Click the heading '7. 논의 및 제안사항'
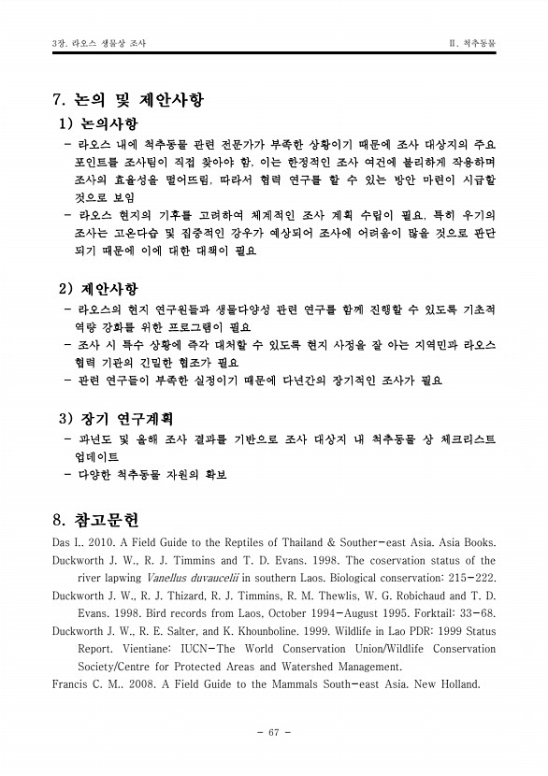click(129, 99)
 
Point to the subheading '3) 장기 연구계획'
click(117, 417)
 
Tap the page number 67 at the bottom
click(274, 731)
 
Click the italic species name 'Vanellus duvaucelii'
click(193, 578)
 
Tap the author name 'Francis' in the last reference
click(73, 684)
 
